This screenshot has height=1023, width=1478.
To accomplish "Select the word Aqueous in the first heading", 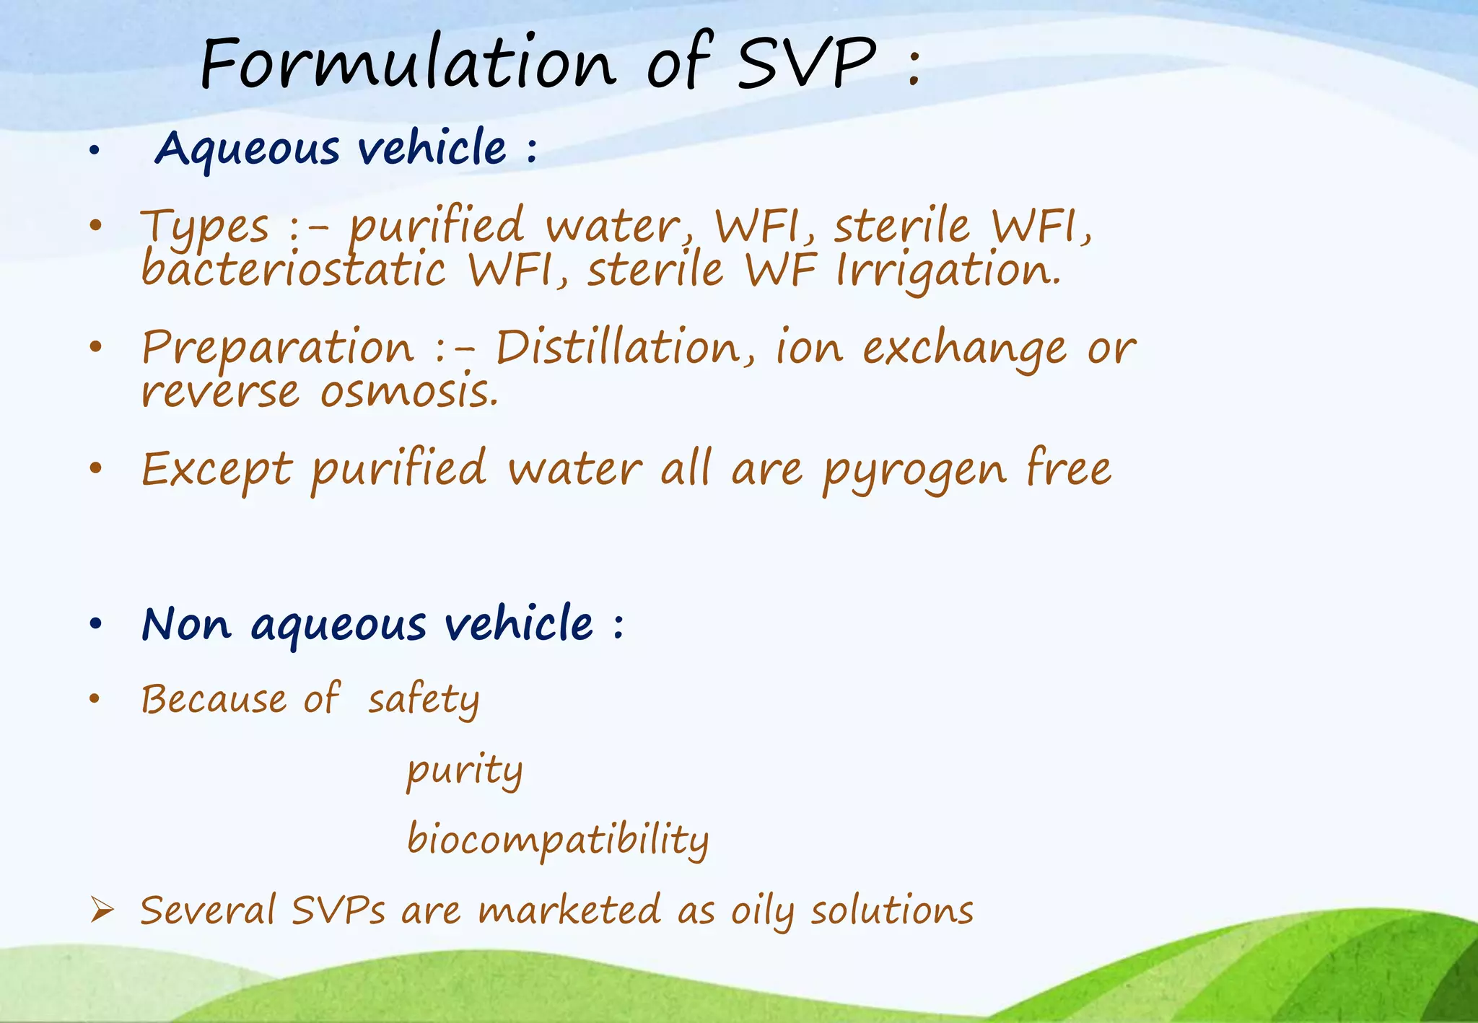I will pyautogui.click(x=247, y=149).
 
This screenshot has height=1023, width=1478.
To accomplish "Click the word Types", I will pyautogui.click(x=205, y=227).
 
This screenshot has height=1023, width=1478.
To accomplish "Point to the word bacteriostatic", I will pyautogui.click(x=293, y=270).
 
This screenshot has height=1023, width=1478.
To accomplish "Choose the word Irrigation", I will pyautogui.click(x=948, y=271).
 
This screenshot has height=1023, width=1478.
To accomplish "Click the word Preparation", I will pyautogui.click(x=278, y=348).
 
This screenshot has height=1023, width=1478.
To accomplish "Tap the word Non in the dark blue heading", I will pyautogui.click(x=186, y=624).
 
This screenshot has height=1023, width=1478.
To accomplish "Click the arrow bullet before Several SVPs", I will pyautogui.click(x=102, y=911).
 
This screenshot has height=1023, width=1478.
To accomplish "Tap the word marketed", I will pyautogui.click(x=569, y=910).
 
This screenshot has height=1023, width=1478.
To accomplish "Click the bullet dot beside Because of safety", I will pyautogui.click(x=94, y=698).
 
